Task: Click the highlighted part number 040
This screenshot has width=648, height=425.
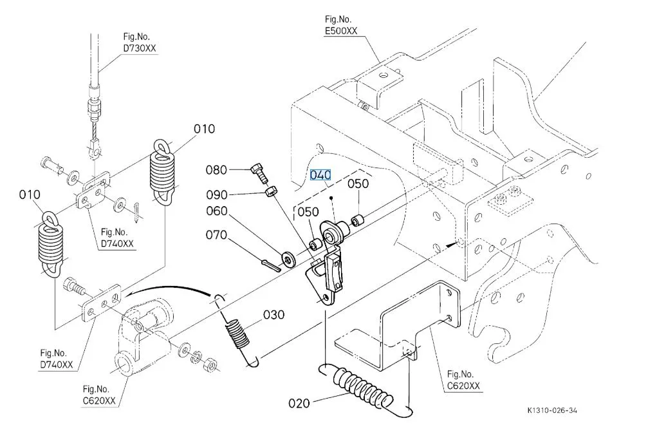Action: (320, 175)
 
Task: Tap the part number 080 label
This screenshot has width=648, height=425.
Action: (216, 170)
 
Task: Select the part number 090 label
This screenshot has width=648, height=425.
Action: (217, 194)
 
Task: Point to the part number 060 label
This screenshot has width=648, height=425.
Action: (217, 211)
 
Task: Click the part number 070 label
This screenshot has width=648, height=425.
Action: (216, 235)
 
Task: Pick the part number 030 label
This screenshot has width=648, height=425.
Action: (273, 315)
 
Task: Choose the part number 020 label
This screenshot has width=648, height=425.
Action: (299, 403)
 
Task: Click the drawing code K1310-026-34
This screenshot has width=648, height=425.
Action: (552, 410)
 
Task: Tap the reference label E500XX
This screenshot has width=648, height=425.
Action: (341, 31)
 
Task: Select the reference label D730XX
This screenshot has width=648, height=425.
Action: (140, 48)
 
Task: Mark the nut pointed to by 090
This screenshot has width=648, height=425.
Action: (271, 192)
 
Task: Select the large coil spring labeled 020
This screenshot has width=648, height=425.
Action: (364, 387)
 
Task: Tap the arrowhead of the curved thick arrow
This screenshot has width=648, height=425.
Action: (129, 294)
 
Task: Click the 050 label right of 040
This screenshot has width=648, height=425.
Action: (358, 184)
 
